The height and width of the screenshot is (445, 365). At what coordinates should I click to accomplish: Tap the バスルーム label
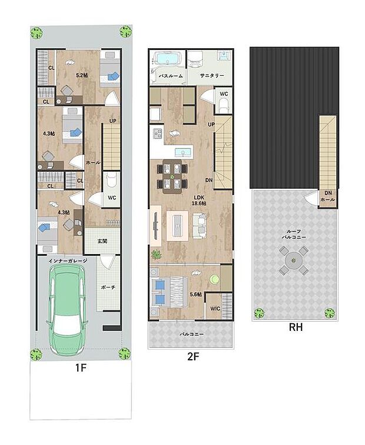pyautogui.click(x=168, y=76)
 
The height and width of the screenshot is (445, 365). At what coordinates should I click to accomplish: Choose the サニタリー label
pyautogui.click(x=210, y=76)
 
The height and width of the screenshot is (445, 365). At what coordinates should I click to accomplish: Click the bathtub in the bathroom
pyautogui.click(x=168, y=59)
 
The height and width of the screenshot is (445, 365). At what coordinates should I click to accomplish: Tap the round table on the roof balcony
pyautogui.click(x=292, y=260)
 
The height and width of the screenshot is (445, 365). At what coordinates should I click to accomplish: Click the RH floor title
pyautogui.click(x=296, y=328)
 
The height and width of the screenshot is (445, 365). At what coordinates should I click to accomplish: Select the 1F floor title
pyautogui.click(x=81, y=369)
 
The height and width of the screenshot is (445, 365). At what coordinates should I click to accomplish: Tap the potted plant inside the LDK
pyautogui.click(x=157, y=255)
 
